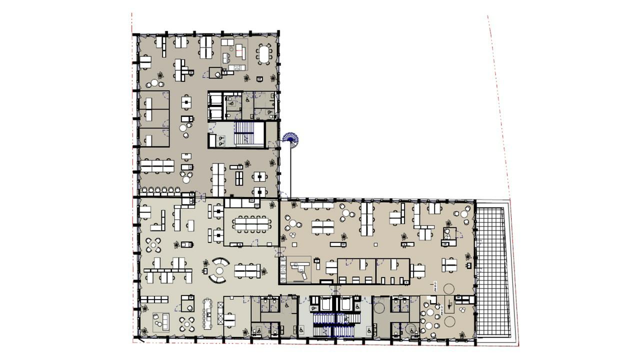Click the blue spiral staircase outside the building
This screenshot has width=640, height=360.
pyautogui.click(x=290, y=139)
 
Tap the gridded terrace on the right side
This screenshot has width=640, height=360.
pyautogui.click(x=493, y=270)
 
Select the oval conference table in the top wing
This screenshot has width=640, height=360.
pyautogui.click(x=264, y=54)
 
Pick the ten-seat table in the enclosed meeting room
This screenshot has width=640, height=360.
pyautogui.click(x=250, y=224)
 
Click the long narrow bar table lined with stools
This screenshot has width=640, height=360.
pyautogui.click(x=207, y=314)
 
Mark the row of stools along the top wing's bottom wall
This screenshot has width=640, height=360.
pyautogui.click(x=160, y=190)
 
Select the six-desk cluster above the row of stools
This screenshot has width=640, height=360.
pyautogui.click(x=157, y=165)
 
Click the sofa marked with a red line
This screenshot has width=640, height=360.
pyautogui.click(x=240, y=50)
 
